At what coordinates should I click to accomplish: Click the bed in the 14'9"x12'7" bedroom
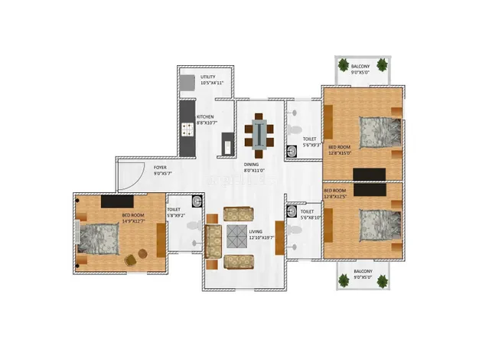pyautogui.click(x=98, y=238)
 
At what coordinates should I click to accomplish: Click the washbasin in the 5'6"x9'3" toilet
pyautogui.click(x=291, y=150)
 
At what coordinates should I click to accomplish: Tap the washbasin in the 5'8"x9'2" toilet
pyautogui.click(x=196, y=202)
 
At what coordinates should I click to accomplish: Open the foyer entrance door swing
pyautogui.click(x=128, y=178)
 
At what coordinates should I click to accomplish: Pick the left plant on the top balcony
pyautogui.click(x=344, y=64)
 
